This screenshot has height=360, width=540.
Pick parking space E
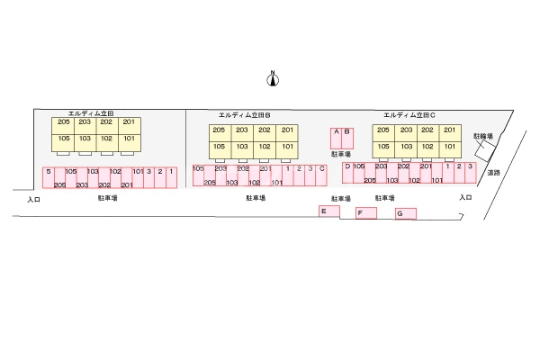(328, 211)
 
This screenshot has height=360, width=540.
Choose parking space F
(365, 213)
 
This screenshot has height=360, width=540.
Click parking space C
(321, 175)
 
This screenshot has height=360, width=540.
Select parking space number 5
(49, 176)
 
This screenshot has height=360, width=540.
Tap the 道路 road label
(493, 172)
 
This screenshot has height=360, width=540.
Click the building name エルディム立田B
(245, 115)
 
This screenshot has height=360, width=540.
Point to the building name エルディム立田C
(409, 115)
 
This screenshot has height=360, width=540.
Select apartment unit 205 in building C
(383, 130)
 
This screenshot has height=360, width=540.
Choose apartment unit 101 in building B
(287, 146)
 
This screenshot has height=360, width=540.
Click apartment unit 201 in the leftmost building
(129, 121)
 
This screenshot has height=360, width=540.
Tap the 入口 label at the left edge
(34, 200)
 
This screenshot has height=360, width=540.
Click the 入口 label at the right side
(465, 198)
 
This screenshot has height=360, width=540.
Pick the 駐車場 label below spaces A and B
(340, 155)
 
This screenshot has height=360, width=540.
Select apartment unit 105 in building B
(220, 146)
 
